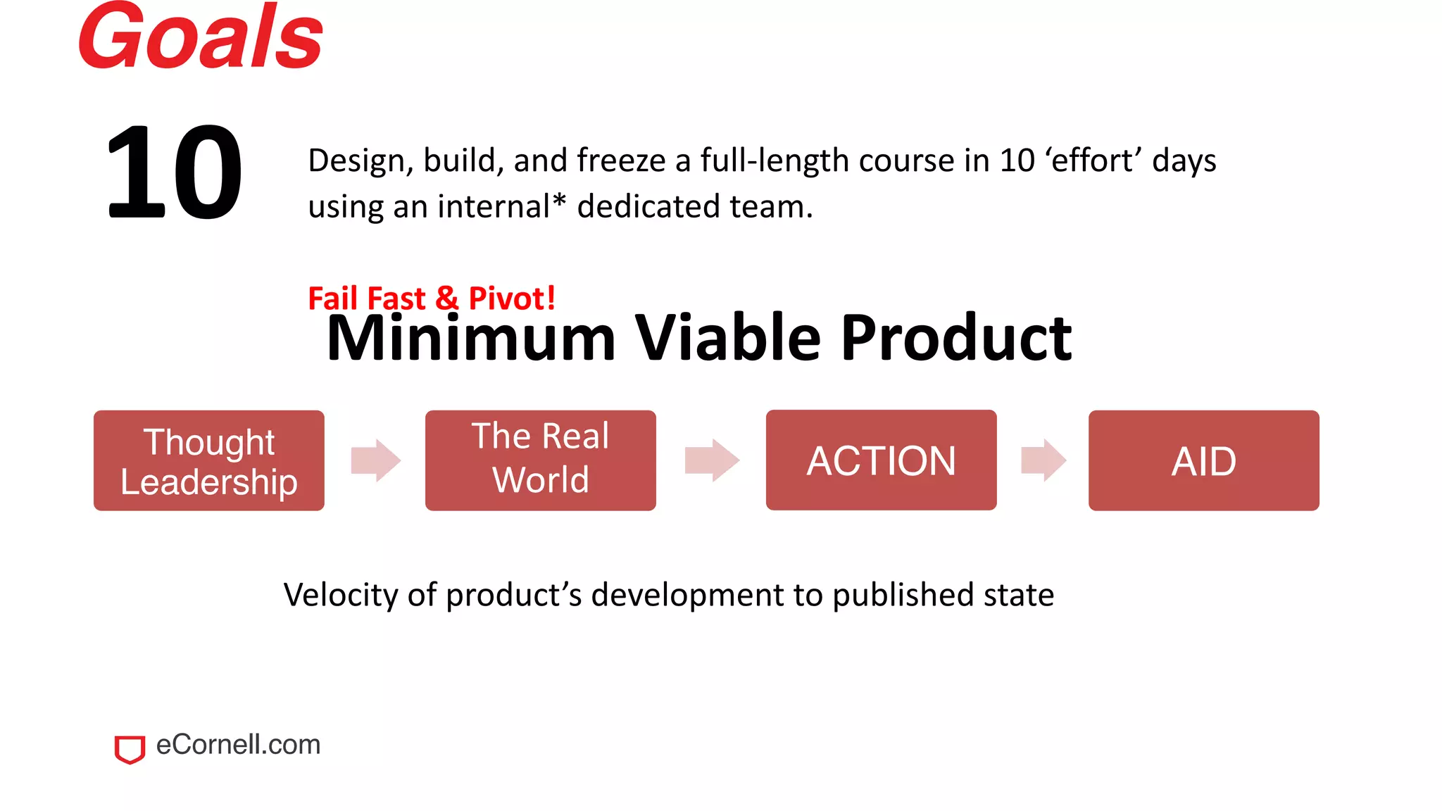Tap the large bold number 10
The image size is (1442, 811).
[174, 172]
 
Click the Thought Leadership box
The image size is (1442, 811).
[209, 461]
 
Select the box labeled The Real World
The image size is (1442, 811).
[540, 460]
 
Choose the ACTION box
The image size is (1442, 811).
[881, 460]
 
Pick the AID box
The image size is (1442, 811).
[1203, 461]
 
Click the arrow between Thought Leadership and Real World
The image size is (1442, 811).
[376, 460]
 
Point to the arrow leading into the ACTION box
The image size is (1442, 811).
[712, 460]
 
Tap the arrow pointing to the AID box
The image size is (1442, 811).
[1043, 460]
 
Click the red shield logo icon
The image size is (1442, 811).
[130, 749]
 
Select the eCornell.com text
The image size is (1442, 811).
[238, 745]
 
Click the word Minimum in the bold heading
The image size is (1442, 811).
[471, 339]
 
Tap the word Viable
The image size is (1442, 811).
[728, 339]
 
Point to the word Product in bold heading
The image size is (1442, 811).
[956, 339]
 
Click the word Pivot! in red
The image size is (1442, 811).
[512, 298]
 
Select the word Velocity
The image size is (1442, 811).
[341, 595]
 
